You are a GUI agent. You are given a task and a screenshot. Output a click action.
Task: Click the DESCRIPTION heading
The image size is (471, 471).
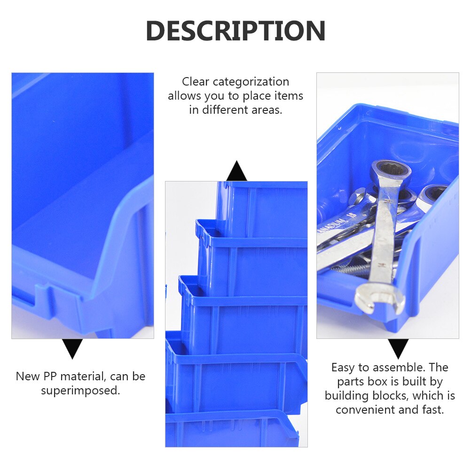pyautogui.click(x=235, y=31)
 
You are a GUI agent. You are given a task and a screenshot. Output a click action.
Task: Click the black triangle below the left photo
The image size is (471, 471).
pyautogui.click(x=73, y=348)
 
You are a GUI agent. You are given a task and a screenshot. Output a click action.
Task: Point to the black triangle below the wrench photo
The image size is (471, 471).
pyautogui.click(x=398, y=348)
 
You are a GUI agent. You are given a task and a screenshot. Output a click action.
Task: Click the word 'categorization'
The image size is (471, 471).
pyautogui.click(x=251, y=82)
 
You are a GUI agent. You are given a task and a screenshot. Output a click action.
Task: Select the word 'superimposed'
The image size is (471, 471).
pyautogui.click(x=80, y=391)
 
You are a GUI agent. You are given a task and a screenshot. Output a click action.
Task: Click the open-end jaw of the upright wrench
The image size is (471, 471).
pyautogui.click(x=380, y=300)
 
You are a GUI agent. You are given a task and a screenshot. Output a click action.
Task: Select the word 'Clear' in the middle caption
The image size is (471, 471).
pyautogui.click(x=196, y=82)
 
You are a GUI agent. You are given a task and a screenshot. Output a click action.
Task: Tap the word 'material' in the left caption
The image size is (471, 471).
pyautogui.click(x=90, y=377)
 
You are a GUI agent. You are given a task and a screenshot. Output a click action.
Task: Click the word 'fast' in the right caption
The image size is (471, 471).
pyautogui.click(x=432, y=409)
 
